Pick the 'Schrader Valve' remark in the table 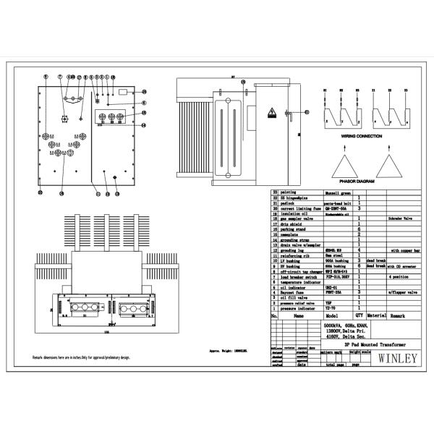tap(400, 217)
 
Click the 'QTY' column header tap(359, 315)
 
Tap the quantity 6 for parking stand tap(359, 229)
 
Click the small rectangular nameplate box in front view tap(123, 92)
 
